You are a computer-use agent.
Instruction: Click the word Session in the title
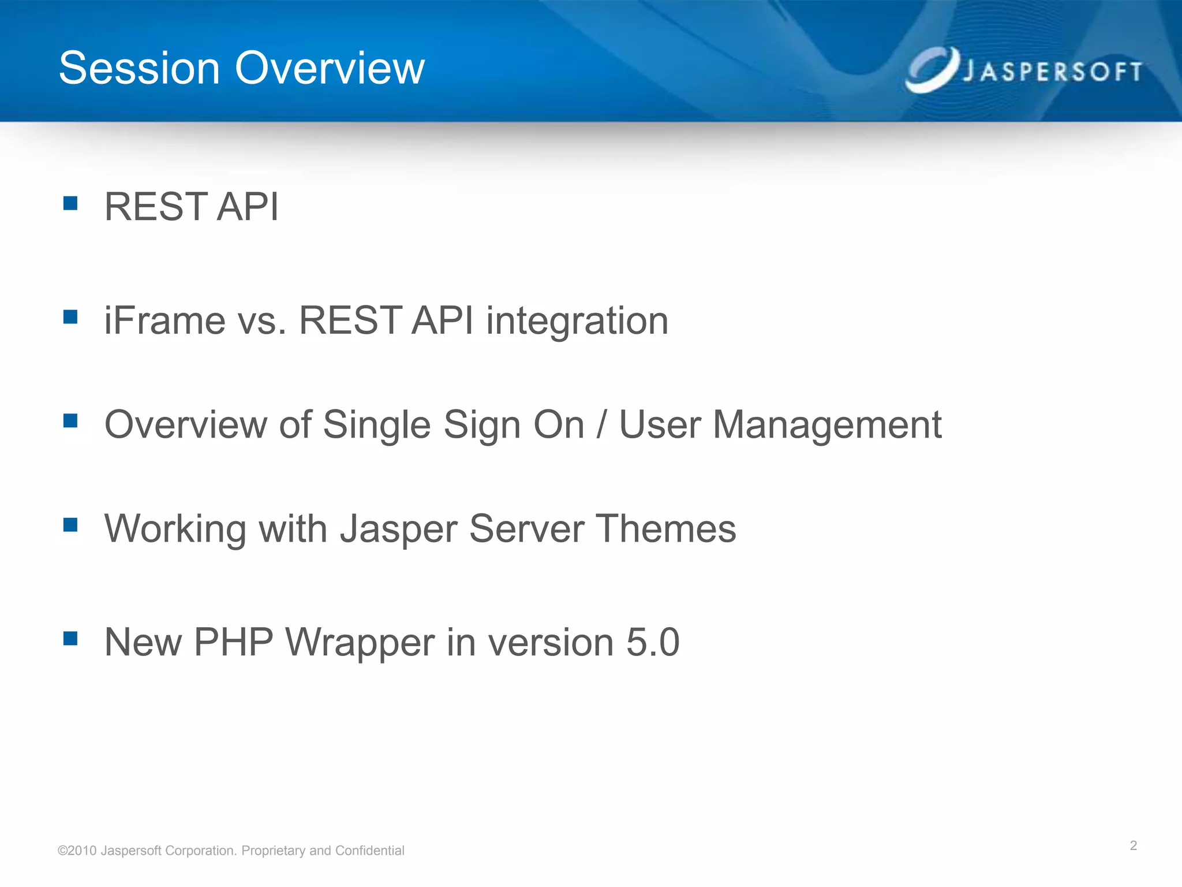[140, 68]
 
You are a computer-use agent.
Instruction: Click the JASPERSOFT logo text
[1052, 72]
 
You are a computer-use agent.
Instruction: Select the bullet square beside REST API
[70, 203]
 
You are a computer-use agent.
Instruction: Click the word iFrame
[164, 321]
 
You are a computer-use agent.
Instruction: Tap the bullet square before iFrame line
[70, 317]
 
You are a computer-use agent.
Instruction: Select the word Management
[826, 426]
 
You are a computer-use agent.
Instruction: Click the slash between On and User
[601, 426]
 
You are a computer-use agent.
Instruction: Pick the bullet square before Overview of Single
[70, 420]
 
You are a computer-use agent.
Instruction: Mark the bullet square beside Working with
[70, 524]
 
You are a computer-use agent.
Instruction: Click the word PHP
[233, 643]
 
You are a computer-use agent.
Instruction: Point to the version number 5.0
[653, 643]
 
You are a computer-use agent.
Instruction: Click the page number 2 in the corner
[1133, 846]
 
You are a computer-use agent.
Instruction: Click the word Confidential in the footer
[369, 851]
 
